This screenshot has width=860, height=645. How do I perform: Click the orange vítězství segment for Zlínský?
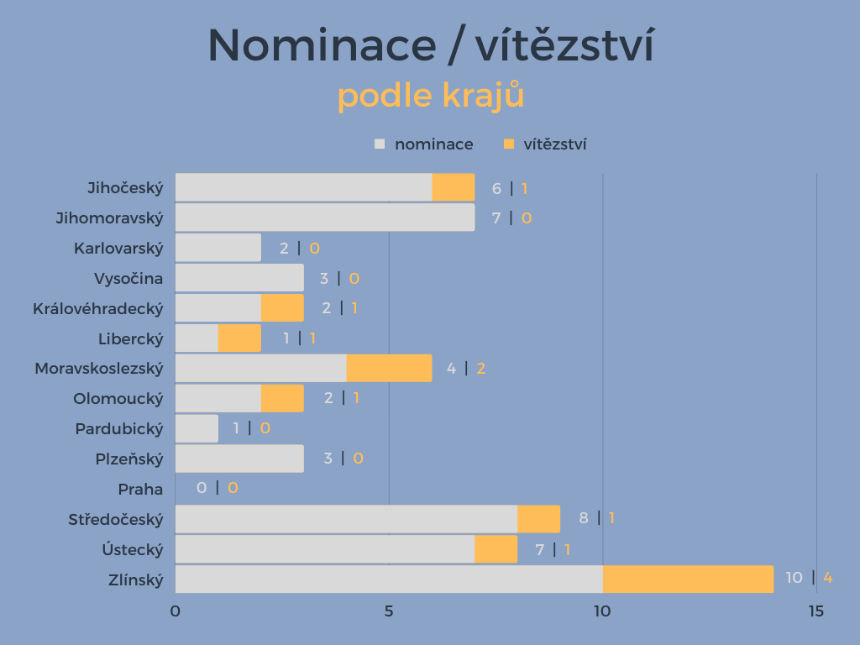[688, 579]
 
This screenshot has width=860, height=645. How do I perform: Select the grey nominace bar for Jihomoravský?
[324, 218]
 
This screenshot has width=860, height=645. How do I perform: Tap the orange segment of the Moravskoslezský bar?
[389, 368]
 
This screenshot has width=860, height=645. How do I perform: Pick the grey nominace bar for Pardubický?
[197, 428]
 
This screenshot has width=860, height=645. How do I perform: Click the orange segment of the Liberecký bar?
[239, 338]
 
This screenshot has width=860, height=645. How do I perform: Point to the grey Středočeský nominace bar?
[346, 519]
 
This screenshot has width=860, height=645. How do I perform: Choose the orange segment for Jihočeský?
[454, 187]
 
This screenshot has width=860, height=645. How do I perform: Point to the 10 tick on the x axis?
[602, 611]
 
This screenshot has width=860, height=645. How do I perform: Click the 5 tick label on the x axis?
[389, 611]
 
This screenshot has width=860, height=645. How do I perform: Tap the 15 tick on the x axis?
[815, 611]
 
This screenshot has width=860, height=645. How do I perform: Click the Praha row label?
[140, 489]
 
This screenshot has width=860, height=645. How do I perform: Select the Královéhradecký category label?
[97, 308]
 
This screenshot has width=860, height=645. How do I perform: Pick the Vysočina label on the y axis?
[128, 278]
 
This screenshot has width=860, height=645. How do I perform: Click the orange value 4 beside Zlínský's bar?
[827, 578]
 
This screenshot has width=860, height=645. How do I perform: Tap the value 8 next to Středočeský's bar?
[584, 517]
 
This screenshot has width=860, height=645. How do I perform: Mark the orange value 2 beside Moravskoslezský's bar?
[481, 368]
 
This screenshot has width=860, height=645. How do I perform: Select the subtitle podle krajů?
[431, 96]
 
